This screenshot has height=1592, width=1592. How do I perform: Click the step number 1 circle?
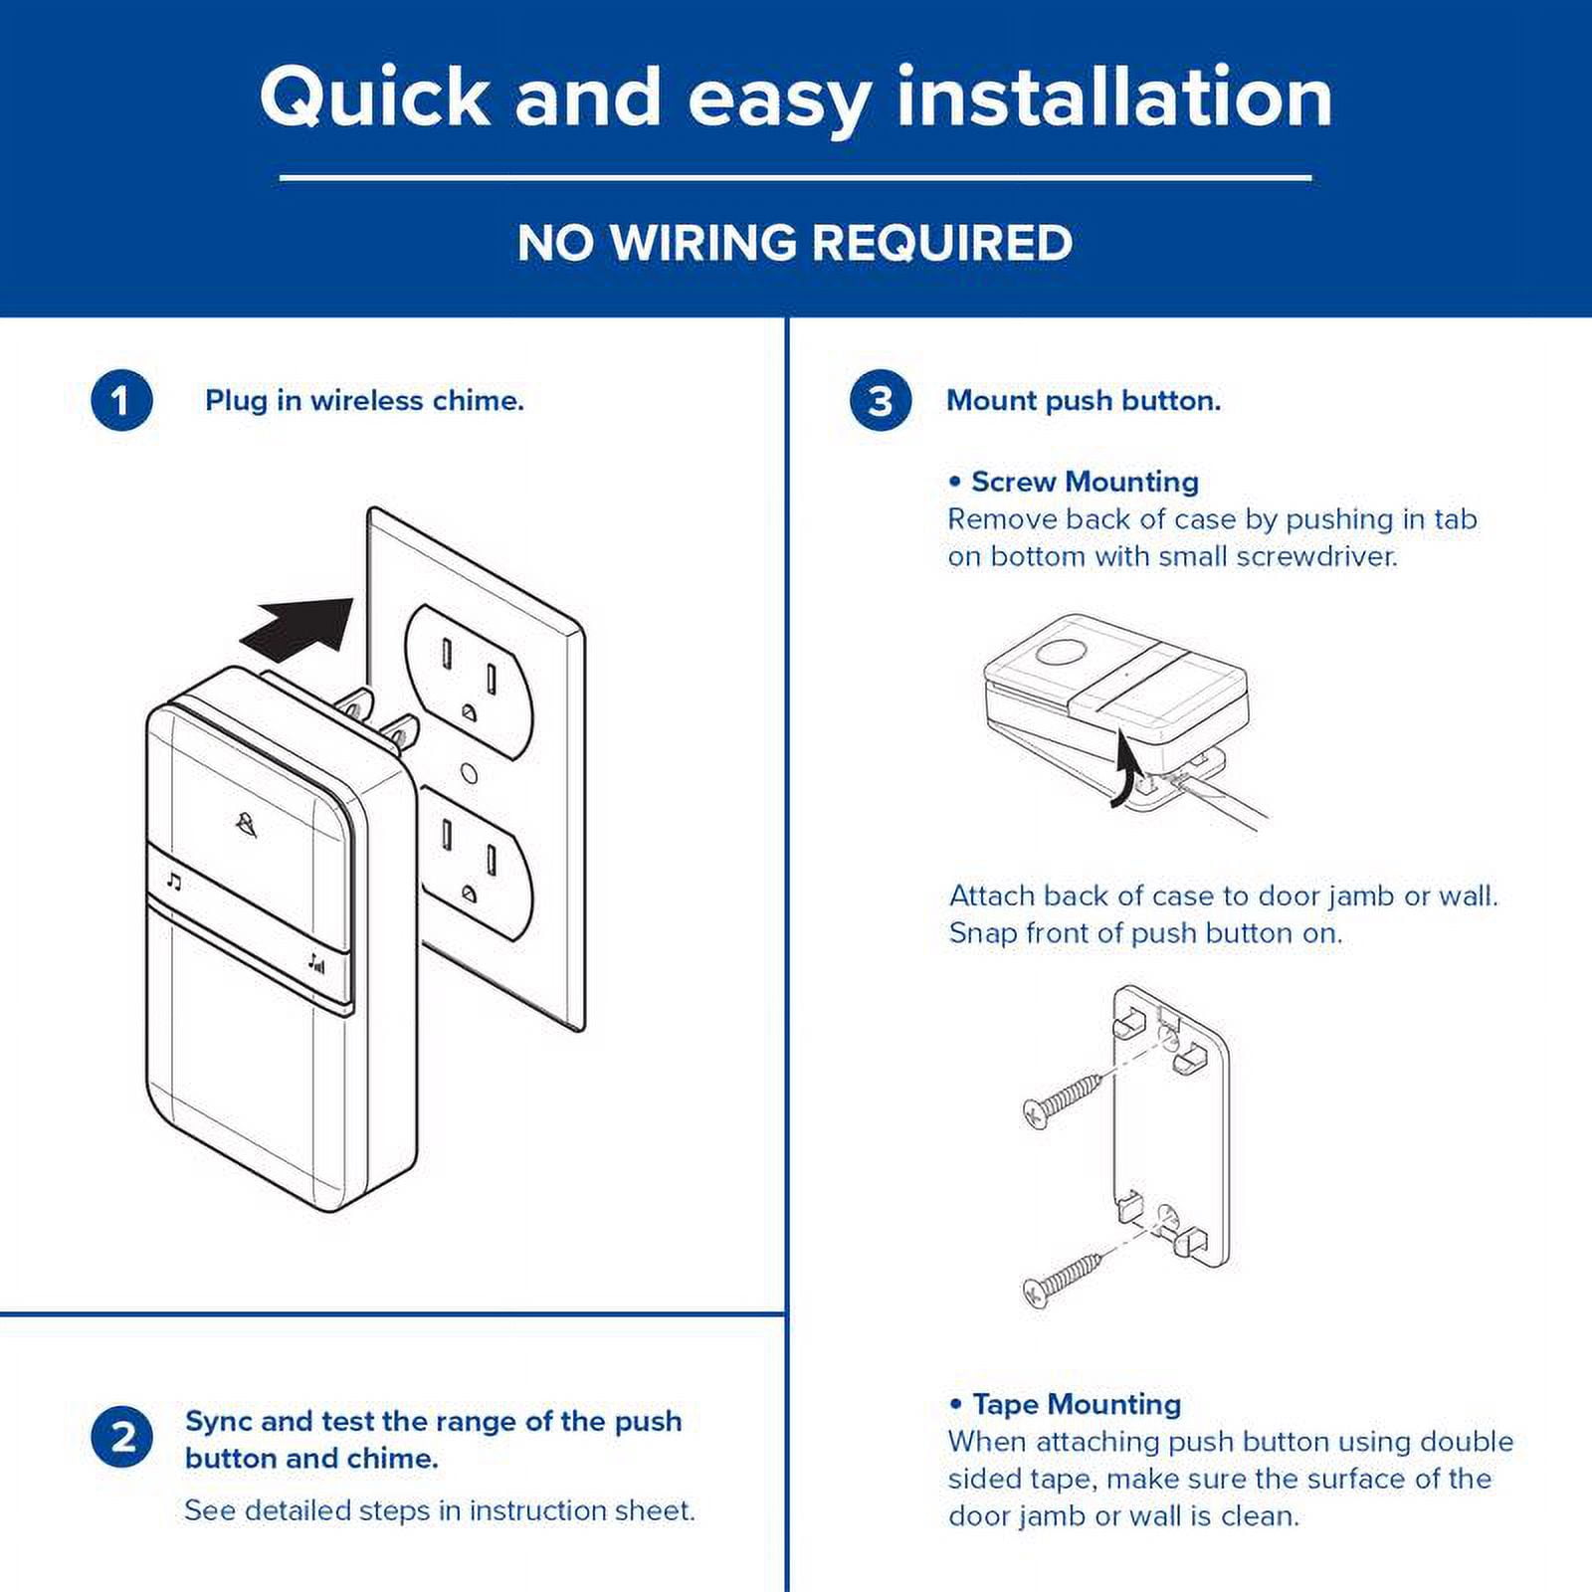[121, 401]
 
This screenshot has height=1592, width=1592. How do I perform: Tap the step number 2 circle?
[121, 1438]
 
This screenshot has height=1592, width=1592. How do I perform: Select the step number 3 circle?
[881, 401]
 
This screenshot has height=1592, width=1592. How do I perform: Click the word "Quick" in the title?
[375, 98]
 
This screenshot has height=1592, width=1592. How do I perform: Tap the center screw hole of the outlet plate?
[471, 773]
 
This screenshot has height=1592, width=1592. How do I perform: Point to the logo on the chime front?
[246, 824]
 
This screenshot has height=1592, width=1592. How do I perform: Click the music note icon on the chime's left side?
[175, 882]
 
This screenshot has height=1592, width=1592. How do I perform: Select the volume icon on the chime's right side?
[315, 962]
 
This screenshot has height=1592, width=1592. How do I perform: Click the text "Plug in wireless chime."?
[364, 401]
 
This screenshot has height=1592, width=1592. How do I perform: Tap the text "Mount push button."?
[1084, 401]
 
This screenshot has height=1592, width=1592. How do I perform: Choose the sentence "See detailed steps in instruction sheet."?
[440, 1510]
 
